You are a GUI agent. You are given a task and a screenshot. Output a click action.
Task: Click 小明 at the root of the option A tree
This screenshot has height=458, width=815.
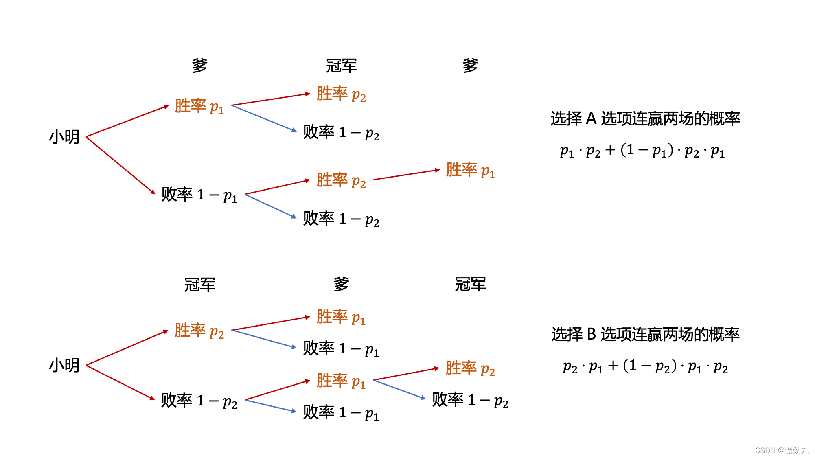[64, 137]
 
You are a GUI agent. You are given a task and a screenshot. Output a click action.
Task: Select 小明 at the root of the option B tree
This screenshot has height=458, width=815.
[64, 365]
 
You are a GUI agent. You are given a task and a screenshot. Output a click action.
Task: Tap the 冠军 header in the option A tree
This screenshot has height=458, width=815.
[341, 66]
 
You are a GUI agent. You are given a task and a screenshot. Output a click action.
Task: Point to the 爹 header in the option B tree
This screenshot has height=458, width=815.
[341, 284]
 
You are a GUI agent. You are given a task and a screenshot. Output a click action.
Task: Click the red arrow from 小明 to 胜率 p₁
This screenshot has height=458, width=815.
[127, 121]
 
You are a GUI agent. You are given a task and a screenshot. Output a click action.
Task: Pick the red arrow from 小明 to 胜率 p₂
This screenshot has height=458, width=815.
[127, 348]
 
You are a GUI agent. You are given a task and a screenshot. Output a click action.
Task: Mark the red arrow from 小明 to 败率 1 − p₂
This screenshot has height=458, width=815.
[120, 382]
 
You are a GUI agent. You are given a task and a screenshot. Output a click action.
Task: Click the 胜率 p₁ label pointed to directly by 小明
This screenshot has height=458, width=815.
[199, 106]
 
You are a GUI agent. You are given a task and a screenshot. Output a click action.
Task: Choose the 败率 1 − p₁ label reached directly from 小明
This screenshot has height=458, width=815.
[199, 195]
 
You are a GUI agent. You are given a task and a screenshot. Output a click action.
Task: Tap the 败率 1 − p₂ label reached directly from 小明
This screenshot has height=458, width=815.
[199, 401]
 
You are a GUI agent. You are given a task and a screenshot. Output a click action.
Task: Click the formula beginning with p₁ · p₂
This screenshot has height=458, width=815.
[642, 151]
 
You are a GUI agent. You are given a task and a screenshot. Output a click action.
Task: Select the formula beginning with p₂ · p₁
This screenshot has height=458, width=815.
[645, 366]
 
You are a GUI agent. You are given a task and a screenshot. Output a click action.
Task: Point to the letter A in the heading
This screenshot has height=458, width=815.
[591, 118]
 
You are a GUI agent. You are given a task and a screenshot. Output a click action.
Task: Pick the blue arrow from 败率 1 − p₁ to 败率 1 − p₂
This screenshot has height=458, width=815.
[271, 206]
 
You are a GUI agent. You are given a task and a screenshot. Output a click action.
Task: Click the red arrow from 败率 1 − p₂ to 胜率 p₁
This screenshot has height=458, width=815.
[278, 390]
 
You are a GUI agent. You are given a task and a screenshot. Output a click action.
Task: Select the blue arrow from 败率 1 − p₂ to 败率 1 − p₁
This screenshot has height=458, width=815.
[271, 406]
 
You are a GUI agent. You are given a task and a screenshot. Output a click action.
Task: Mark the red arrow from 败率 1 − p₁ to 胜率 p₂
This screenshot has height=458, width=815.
[278, 187]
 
